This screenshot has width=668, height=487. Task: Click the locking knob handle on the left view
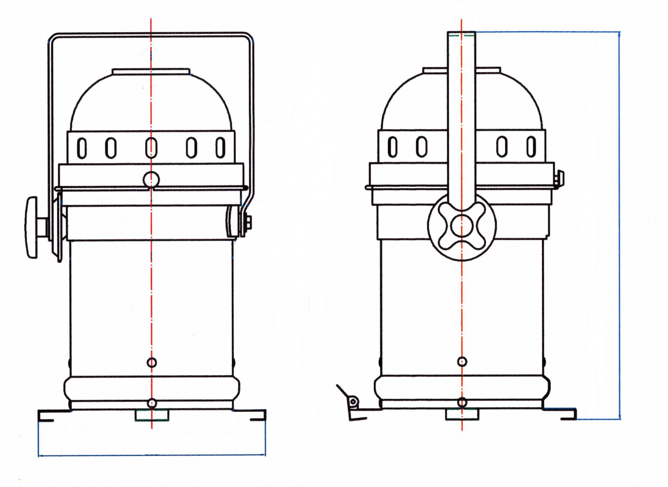click(32, 227)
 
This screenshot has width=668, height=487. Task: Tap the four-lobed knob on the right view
click(462, 226)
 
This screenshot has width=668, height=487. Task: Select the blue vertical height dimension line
click(620, 225)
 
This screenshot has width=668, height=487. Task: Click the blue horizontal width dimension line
click(152, 455)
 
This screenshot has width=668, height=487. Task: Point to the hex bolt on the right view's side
click(559, 178)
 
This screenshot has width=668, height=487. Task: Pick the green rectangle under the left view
click(152, 415)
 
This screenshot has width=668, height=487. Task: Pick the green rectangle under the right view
click(462, 414)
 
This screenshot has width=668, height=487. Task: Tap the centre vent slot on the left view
click(152, 148)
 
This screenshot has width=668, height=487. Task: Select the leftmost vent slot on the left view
click(82, 148)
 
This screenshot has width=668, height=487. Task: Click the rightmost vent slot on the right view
click(531, 147)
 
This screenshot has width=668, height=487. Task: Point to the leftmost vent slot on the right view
click(392, 147)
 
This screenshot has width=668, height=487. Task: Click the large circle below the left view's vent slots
click(151, 179)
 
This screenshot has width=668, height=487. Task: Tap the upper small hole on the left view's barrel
click(152, 362)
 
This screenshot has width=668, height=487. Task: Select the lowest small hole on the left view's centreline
click(152, 403)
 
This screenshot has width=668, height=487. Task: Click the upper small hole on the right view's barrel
click(462, 361)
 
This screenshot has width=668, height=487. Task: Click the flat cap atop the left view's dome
click(151, 72)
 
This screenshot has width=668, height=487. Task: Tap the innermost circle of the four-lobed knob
click(462, 226)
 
